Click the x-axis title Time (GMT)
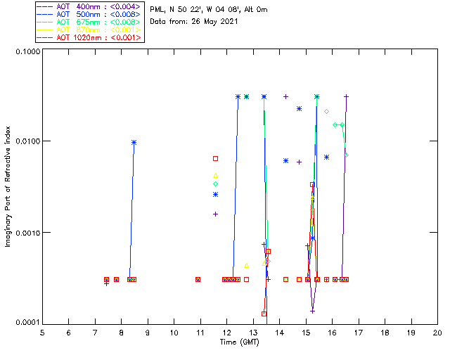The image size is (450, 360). click(240, 342)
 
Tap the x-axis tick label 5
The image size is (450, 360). click(42, 332)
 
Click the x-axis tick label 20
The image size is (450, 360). click(437, 332)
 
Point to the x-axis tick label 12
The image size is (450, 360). click(226, 332)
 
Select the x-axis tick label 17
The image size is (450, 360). click(359, 332)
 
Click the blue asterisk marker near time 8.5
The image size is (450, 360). click(134, 142)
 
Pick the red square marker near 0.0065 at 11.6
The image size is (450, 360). click(216, 158)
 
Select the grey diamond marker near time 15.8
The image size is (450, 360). click(327, 111)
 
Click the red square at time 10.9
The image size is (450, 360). click(198, 279)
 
